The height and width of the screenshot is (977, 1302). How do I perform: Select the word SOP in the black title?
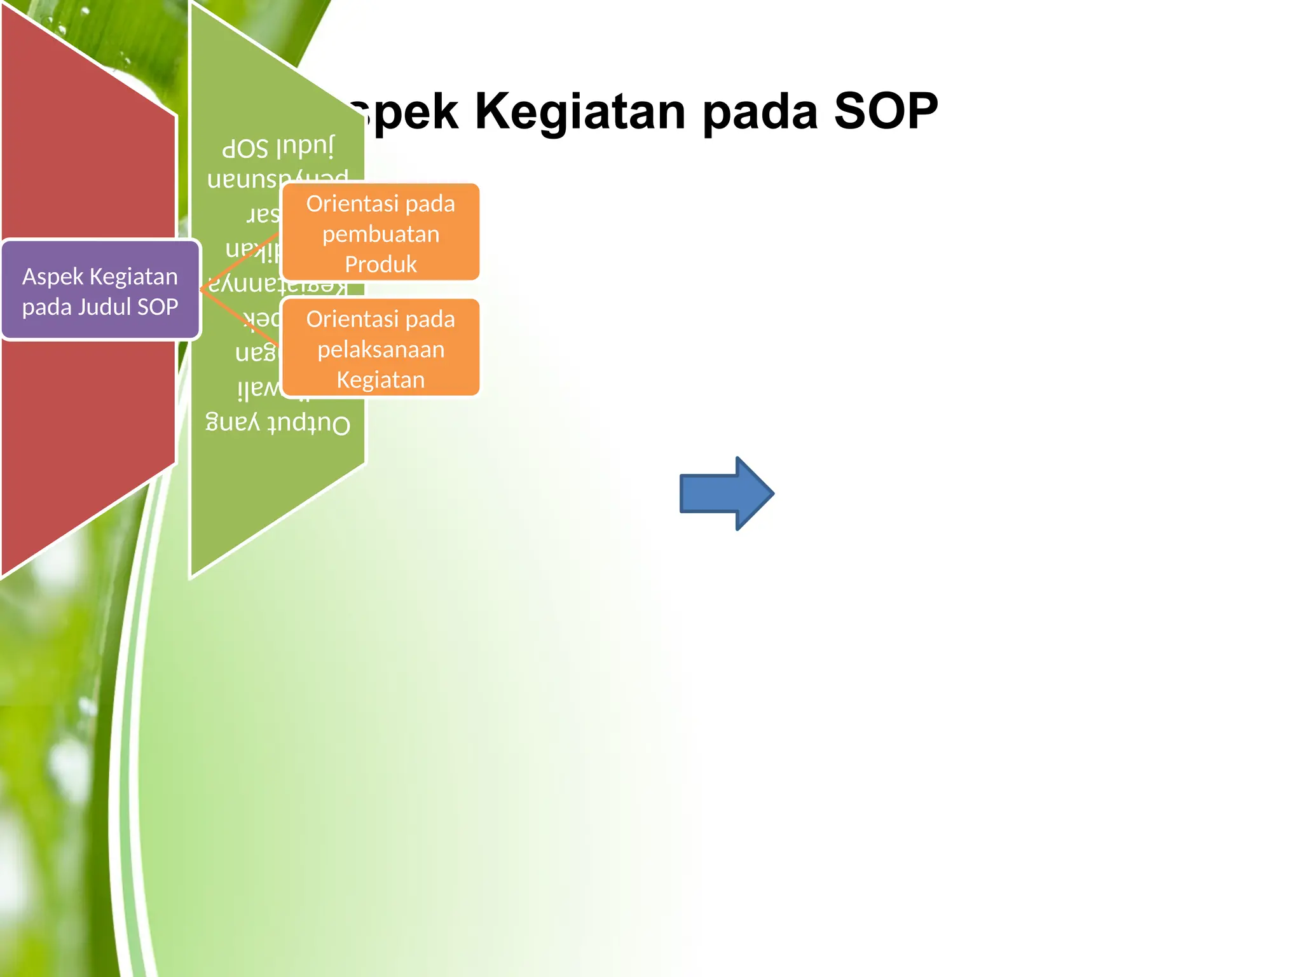[886, 111]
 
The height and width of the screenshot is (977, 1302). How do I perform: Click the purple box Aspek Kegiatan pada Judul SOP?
[100, 291]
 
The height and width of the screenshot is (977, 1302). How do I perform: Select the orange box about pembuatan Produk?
[380, 232]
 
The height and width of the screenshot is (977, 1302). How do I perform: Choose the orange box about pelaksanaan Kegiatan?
[380, 348]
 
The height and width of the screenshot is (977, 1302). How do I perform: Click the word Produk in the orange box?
[380, 264]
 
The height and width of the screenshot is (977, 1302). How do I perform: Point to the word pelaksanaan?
[380, 349]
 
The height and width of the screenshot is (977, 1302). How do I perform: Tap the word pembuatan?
[380, 235]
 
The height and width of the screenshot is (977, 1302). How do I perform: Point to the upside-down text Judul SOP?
[278, 148]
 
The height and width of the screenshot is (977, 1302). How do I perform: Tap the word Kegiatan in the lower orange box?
[380, 380]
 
